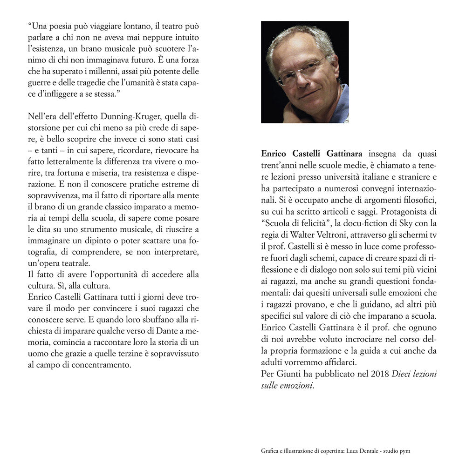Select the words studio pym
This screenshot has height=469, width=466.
(396, 451)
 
